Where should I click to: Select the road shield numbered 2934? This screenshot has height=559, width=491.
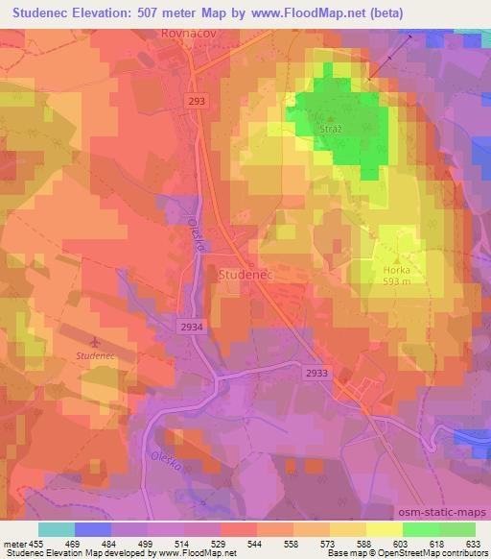(191, 328)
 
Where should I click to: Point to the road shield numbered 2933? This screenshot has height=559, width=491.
(317, 372)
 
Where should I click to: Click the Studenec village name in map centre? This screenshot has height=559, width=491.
(246, 275)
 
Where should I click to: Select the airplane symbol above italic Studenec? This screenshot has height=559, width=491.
(92, 341)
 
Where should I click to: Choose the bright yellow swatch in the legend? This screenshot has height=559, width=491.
(383, 529)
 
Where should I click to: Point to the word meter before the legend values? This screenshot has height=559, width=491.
(16, 543)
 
